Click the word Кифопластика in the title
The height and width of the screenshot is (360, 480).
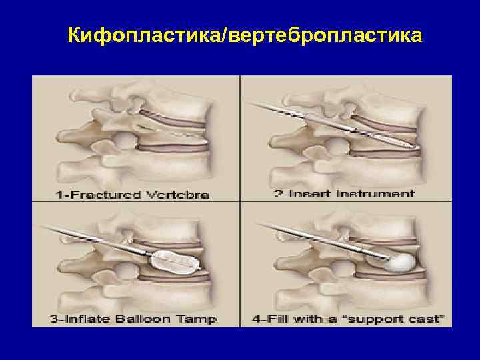click(x=146, y=34)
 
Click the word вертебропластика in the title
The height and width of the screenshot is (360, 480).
click(x=325, y=34)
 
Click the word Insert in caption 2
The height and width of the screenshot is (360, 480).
click(x=321, y=194)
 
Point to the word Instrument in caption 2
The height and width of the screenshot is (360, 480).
click(x=378, y=194)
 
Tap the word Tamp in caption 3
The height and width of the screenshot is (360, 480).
click(x=197, y=319)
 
